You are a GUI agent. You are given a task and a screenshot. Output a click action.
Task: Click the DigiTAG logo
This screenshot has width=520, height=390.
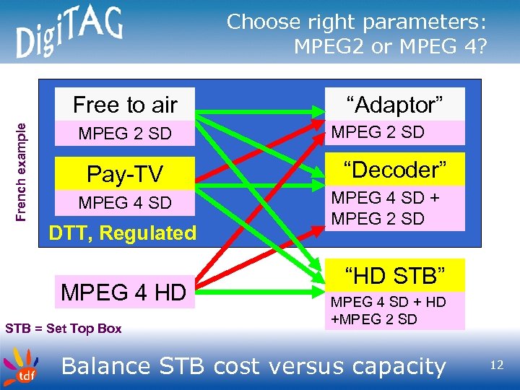[x=69, y=32]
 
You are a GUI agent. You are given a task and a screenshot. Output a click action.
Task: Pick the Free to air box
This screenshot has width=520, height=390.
[x=125, y=105]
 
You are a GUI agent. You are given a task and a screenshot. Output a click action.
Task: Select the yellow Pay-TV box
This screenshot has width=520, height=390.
[x=125, y=174]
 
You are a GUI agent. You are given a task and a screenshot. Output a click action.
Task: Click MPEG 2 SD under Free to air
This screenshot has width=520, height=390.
[x=125, y=134]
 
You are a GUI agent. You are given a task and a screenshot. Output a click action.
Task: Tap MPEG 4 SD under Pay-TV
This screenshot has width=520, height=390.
[x=125, y=203]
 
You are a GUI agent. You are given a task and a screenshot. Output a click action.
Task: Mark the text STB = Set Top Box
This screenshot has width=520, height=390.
[x=64, y=329]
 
